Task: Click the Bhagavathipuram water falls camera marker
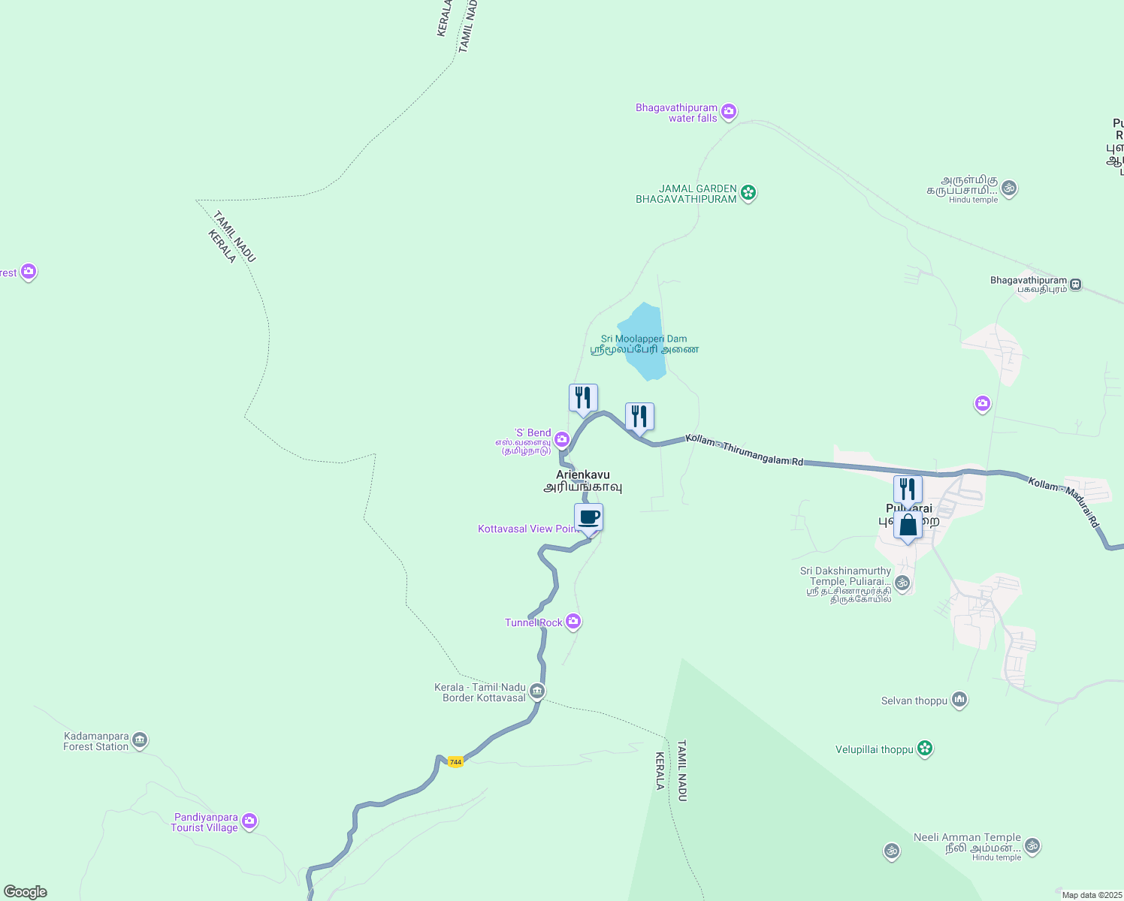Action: pos(728,113)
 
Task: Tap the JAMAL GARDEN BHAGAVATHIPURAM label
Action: pos(686,194)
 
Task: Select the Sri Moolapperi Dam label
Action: pos(644,339)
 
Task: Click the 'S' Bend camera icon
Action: pos(561,439)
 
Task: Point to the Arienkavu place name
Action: pos(583,475)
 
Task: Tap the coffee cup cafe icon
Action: pos(589,517)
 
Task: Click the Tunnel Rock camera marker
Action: pos(573,622)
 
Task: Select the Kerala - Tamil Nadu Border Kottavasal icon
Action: pos(536,692)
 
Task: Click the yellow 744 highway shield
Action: pos(455,761)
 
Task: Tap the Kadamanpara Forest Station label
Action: pos(96,741)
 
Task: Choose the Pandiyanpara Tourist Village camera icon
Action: pos(249,821)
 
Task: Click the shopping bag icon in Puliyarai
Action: pos(908,526)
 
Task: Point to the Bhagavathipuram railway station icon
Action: pos(1076,285)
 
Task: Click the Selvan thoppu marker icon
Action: pos(959,701)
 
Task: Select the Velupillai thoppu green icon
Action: pos(925,749)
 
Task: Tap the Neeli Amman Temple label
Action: pos(967,838)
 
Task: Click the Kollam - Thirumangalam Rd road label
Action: pos(744,450)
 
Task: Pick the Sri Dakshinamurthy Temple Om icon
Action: pos(902,582)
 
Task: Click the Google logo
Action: pos(26,892)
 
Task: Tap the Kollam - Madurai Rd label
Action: pos(1064,502)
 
